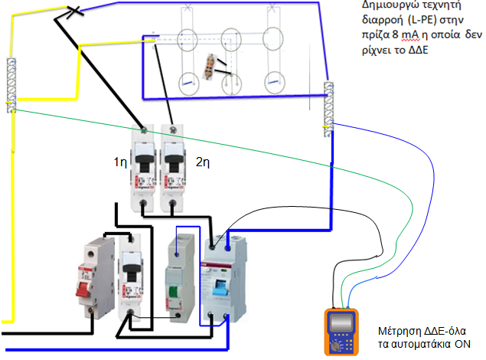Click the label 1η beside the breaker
[120, 162]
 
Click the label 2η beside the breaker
[203, 162]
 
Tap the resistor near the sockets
[210, 66]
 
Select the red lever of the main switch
[84, 289]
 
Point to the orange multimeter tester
[341, 332]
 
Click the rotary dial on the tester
[334, 346]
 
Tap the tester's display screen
[341, 322]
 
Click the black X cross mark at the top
[74, 11]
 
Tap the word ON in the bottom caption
[462, 344]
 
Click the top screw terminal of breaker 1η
[144, 129]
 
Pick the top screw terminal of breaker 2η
[173, 129]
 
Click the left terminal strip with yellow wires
[11, 85]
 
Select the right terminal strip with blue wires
[328, 109]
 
